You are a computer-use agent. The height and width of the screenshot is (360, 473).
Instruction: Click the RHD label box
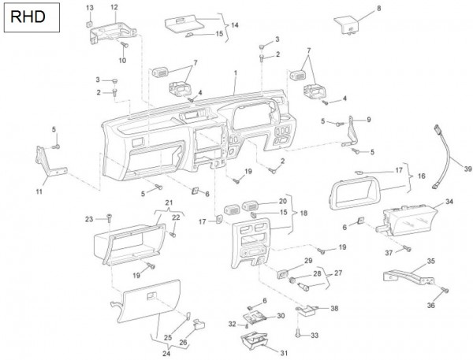[30, 16]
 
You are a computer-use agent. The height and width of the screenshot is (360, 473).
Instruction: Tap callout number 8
[378, 8]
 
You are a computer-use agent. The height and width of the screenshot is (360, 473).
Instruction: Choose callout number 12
[114, 7]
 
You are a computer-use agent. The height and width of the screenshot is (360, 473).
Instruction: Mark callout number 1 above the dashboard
[235, 72]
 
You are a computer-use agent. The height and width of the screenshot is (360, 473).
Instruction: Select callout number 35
[430, 260]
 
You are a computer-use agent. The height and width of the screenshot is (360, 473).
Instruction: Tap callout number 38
[333, 308]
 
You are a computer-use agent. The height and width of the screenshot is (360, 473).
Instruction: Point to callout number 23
[89, 218]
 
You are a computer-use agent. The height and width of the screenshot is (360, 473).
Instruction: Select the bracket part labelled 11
[48, 163]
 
